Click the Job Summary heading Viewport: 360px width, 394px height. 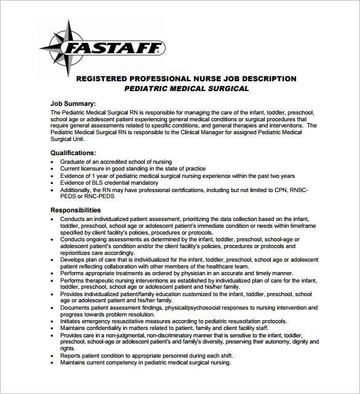pos(73,104)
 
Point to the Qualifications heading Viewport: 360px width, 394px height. pos(73,153)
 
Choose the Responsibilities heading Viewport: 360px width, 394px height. pos(75,210)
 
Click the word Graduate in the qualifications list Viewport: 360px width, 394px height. pos(73,162)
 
